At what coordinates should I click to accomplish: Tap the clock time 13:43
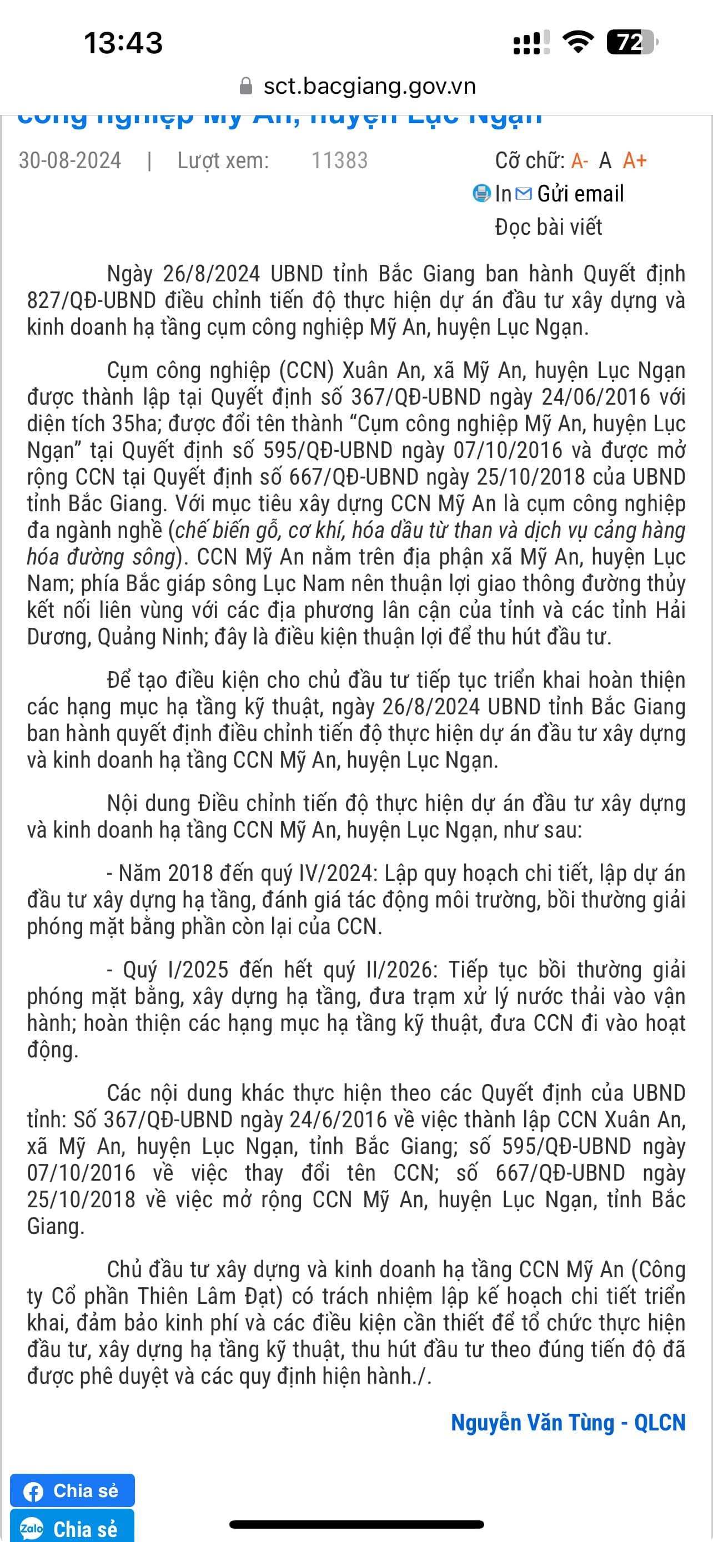(x=123, y=43)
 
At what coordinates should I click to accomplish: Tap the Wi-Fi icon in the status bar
(x=578, y=42)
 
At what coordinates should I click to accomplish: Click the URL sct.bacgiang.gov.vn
(x=369, y=86)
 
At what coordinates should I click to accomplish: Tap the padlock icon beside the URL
(x=245, y=86)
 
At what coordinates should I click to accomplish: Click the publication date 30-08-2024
(x=70, y=160)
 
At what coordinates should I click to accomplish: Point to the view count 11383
(x=339, y=160)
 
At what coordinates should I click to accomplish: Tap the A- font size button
(x=580, y=160)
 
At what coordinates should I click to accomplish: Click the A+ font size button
(x=635, y=160)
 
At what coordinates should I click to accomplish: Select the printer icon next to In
(x=481, y=193)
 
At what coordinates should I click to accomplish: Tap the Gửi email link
(x=580, y=193)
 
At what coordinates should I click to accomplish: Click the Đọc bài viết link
(x=549, y=227)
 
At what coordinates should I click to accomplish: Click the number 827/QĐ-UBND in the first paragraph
(x=92, y=300)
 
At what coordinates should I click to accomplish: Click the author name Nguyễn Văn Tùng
(x=532, y=1423)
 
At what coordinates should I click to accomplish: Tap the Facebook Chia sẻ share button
(x=72, y=1490)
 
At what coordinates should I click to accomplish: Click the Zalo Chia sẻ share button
(x=72, y=1528)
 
